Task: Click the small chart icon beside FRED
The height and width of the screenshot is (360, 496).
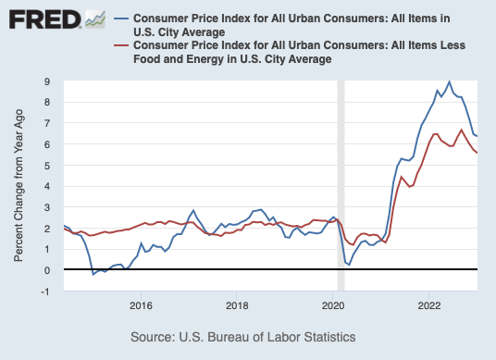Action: click(94, 19)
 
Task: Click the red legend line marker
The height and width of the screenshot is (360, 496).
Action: click(119, 45)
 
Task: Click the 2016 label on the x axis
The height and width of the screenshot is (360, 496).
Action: click(141, 304)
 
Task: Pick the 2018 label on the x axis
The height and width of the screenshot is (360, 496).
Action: click(237, 304)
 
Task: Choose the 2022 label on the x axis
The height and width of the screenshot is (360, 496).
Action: click(429, 304)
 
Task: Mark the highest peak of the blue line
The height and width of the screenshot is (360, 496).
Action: click(450, 81)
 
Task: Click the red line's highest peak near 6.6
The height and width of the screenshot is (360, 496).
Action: click(462, 130)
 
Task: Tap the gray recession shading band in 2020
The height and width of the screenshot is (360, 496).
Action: click(340, 185)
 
